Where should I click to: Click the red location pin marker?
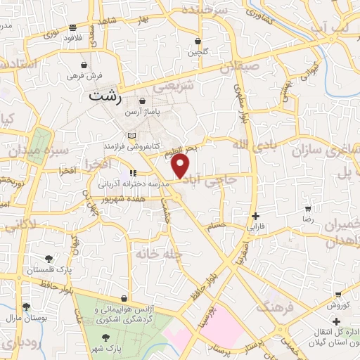[181, 166]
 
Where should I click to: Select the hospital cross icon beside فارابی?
[255, 217]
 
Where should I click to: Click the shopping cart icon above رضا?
[308, 209]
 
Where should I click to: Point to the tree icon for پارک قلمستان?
[48, 259]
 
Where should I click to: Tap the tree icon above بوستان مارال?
[26, 307]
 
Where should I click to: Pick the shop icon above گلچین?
[198, 41]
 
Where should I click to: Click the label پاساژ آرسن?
[143, 112]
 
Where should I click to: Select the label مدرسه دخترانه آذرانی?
[134, 182]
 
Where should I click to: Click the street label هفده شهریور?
[122, 200]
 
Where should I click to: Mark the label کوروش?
[337, 304]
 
